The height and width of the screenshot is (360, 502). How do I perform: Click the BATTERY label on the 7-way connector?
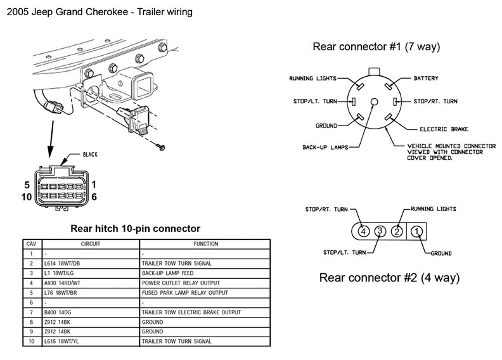[427, 79]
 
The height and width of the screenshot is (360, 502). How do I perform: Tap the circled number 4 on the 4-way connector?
[363, 231]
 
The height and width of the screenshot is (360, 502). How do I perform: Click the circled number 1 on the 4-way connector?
[416, 231]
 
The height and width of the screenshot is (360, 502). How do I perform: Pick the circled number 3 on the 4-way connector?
[380, 231]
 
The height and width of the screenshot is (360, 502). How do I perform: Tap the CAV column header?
[31, 243]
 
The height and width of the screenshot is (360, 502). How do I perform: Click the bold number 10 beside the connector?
[26, 196]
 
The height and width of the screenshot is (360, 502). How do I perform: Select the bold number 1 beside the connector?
[93, 184]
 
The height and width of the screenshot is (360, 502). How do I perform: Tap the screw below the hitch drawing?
[163, 146]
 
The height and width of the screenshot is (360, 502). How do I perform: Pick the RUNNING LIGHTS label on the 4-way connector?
[434, 209]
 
